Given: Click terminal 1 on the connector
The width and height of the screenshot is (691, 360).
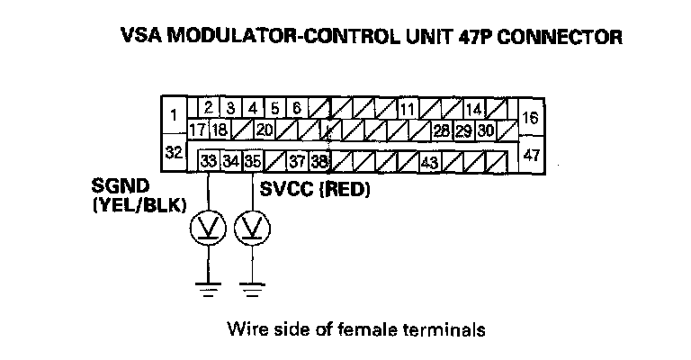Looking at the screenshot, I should pyautogui.click(x=173, y=114).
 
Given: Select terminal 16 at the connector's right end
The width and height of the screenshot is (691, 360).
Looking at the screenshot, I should pyautogui.click(x=531, y=116).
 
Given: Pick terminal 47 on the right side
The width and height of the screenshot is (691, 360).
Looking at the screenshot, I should pyautogui.click(x=531, y=154).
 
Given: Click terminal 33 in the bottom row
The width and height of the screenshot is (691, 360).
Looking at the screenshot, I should pyautogui.click(x=209, y=163).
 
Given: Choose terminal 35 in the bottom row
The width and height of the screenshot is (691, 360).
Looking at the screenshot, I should pyautogui.click(x=252, y=163).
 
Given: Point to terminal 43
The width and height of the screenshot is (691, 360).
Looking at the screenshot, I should pyautogui.click(x=429, y=163).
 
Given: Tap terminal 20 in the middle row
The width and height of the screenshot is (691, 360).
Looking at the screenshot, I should pyautogui.click(x=264, y=130).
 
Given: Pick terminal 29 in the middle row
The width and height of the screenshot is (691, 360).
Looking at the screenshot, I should pyautogui.click(x=463, y=130).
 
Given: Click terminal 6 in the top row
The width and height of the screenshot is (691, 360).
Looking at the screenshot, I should pyautogui.click(x=296, y=109).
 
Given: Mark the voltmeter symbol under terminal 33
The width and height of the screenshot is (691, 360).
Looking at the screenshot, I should pyautogui.click(x=209, y=230).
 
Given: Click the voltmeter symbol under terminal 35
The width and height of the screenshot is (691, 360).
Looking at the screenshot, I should pyautogui.click(x=252, y=230).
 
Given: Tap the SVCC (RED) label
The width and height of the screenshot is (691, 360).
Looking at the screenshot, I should pyautogui.click(x=315, y=191).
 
